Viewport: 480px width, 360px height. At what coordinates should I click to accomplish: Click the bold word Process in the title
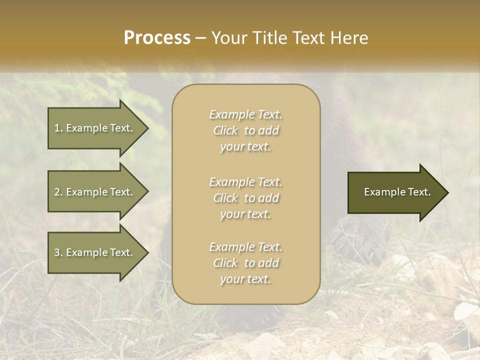(157, 38)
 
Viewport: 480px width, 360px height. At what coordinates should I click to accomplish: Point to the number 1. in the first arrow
(58, 128)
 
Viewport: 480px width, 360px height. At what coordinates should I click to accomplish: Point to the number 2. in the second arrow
(58, 192)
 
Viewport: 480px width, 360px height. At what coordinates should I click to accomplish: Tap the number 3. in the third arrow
(58, 252)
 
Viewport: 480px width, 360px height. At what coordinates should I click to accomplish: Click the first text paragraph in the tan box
(245, 130)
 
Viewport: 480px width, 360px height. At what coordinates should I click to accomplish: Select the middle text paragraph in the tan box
(245, 198)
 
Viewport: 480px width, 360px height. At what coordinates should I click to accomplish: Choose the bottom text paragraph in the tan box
(245, 263)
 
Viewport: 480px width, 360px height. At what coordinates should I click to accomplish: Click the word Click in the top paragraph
(225, 131)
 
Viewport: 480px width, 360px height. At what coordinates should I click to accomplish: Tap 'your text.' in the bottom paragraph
(245, 279)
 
